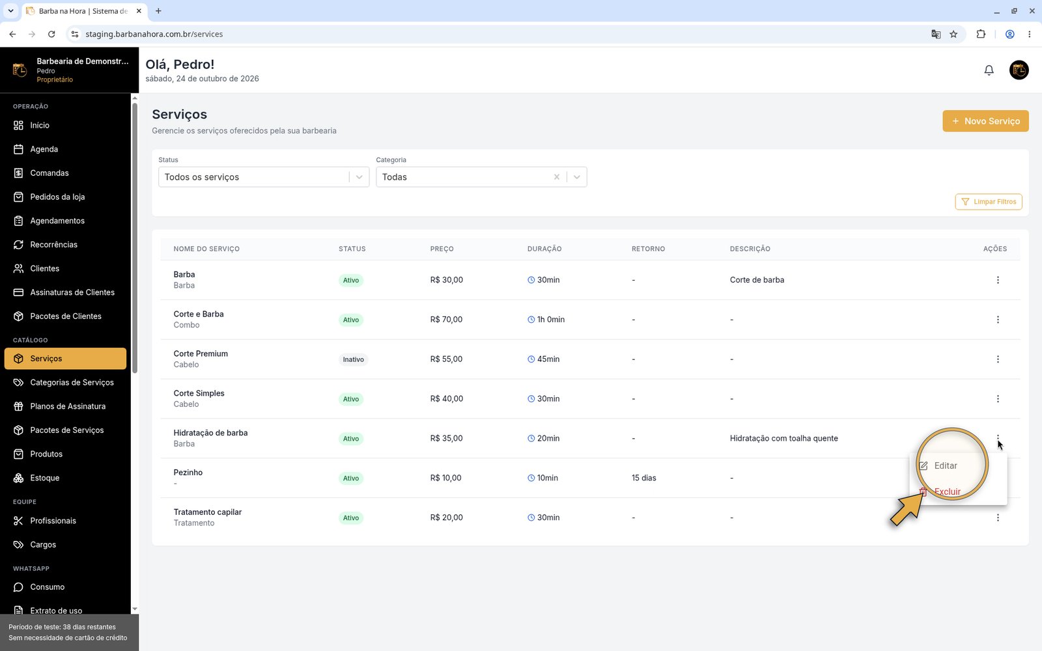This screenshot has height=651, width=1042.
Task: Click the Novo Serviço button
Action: coord(985,121)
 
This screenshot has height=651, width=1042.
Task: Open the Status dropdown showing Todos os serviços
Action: coord(264,176)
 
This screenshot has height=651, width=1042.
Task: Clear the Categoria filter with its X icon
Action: coord(556,176)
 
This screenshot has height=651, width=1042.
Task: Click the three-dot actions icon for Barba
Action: coord(998,280)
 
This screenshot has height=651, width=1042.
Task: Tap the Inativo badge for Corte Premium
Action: coord(353,359)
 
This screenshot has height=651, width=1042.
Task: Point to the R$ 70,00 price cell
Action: coord(446,320)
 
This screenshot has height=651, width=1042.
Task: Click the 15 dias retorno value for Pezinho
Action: coord(644,478)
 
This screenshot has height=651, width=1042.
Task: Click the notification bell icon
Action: coord(989,70)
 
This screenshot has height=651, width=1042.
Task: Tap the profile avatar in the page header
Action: coord(1019,70)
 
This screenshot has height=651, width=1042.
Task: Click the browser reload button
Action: coord(51,34)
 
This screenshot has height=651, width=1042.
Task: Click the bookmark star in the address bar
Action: coord(953,34)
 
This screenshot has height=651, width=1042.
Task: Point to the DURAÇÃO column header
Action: coord(544,249)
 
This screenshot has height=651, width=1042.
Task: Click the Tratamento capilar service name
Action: coord(208,512)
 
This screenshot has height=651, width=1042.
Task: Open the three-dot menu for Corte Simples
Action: coord(998,399)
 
